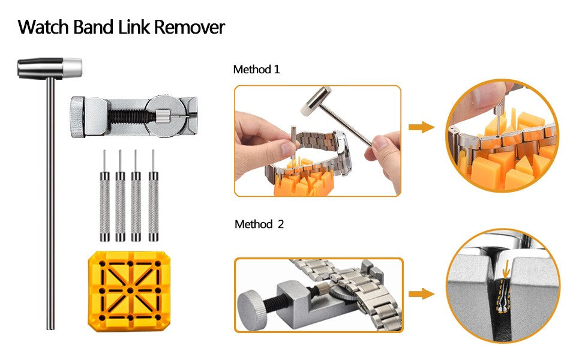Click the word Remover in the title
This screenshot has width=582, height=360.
click(190, 27)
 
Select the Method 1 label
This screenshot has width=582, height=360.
click(256, 70)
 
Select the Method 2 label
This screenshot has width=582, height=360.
click(259, 224)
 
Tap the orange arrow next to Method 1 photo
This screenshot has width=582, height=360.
click(421, 127)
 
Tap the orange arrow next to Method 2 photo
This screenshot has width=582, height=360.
click(421, 293)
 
